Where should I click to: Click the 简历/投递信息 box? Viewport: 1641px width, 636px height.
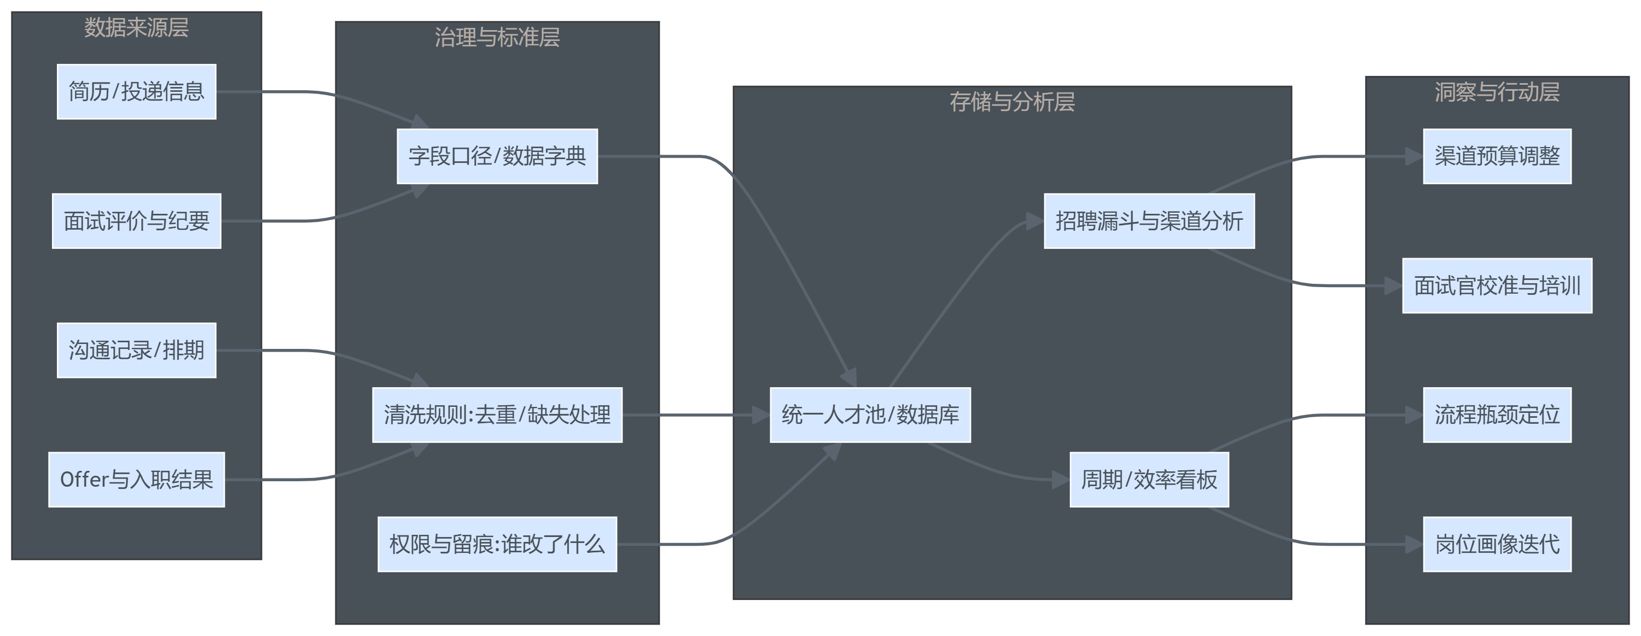point(136,92)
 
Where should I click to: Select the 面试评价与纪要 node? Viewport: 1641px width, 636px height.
point(136,221)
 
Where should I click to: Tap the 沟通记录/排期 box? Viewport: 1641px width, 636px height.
point(136,350)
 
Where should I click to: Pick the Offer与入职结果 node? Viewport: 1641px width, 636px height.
point(136,480)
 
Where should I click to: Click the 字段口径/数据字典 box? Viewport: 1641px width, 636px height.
point(497,156)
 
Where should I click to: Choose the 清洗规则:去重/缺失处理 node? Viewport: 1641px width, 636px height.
point(497,415)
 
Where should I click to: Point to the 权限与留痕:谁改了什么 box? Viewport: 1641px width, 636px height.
point(497,544)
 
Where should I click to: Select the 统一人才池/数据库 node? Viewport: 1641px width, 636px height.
point(870,415)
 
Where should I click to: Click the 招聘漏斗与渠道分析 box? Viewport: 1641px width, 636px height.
point(1149,221)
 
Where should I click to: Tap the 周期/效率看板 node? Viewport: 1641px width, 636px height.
point(1149,480)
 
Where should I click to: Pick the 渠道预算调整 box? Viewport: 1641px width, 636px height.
point(1497,156)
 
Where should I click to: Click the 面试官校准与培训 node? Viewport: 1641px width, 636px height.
point(1497,286)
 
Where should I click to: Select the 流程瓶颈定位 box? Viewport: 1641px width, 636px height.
point(1497,415)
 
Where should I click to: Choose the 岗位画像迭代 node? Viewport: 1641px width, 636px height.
point(1497,544)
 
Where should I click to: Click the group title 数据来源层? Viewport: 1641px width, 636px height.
point(136,27)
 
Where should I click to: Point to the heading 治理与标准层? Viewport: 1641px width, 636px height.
point(497,38)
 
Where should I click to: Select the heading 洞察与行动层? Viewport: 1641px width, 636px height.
point(1497,92)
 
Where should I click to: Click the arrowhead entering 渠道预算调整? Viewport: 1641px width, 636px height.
point(1414,156)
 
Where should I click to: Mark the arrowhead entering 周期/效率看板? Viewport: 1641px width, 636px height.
point(1061,480)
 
